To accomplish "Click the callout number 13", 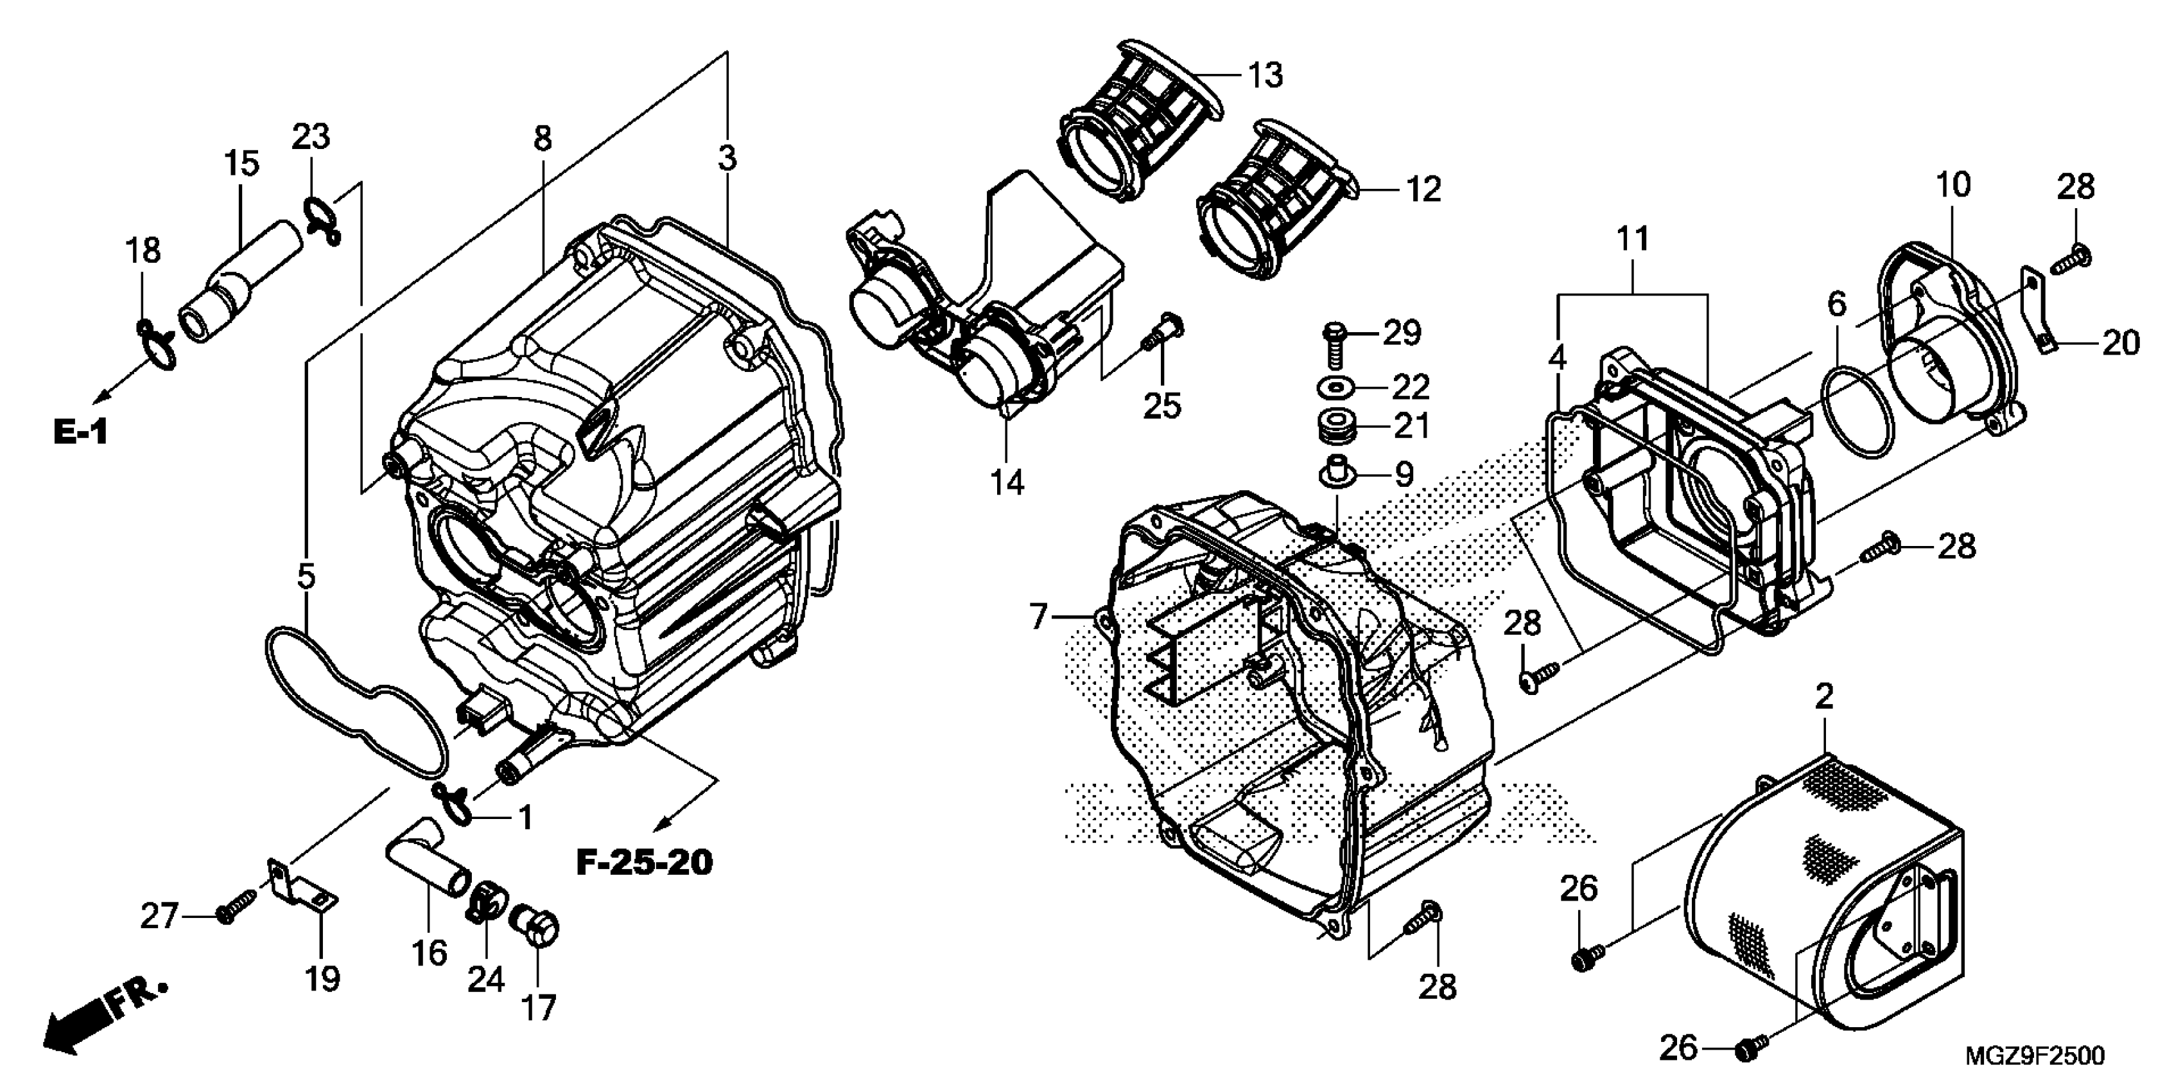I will click(1265, 76).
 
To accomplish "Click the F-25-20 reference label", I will click(644, 863).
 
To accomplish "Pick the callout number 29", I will click(1402, 333).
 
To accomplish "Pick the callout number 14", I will click(1007, 482).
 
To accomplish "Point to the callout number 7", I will click(1039, 617).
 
